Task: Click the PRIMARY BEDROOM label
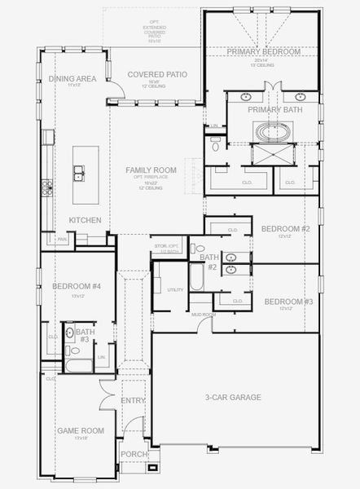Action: tap(264, 51)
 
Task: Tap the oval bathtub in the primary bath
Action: tap(269, 130)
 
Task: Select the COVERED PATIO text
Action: tap(157, 74)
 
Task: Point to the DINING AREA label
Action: tap(74, 78)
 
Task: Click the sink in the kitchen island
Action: tap(79, 173)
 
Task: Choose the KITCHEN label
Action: tap(85, 220)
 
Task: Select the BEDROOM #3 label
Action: tap(288, 302)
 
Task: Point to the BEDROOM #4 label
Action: tap(77, 286)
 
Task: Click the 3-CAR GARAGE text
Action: tap(233, 397)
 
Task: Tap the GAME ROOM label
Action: tap(81, 430)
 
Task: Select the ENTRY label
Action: tap(133, 400)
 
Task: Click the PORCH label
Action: tap(132, 455)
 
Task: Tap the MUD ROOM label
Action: tap(203, 315)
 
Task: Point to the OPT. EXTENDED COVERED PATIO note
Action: tap(154, 29)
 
